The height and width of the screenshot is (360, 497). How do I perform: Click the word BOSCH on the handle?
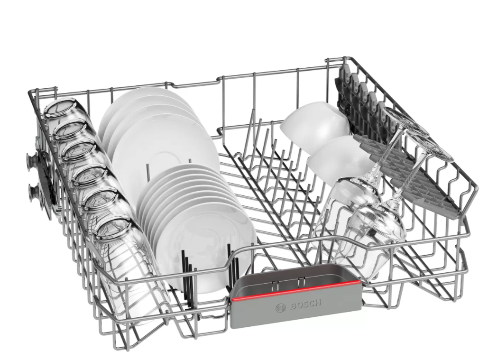[305, 305]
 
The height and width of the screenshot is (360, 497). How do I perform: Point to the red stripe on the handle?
[295, 290]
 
